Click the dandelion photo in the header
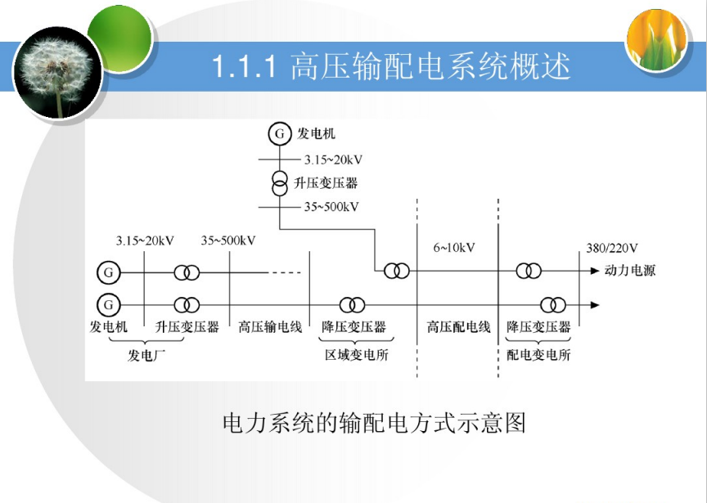pos(58,72)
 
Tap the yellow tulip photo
pos(657,38)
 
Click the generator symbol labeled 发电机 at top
pos(280,133)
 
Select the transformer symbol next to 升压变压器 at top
pos(280,183)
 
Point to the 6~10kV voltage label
pos(454,248)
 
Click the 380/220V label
pos(612,248)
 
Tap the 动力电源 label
pos(630,271)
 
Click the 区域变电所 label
pos(357,355)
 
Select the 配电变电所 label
pos(538,355)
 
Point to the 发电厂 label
pos(146,355)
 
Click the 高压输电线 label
pos(270,326)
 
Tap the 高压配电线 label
pos(458,326)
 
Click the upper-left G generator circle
pos(109,272)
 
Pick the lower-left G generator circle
pos(109,305)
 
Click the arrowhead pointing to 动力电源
pos(595,271)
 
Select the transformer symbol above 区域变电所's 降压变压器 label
pos(352,305)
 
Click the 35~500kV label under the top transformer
pos(331,207)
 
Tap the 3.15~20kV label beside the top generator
pos(333,159)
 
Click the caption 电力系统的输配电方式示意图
pos(374,423)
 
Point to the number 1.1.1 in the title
pos(244,67)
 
